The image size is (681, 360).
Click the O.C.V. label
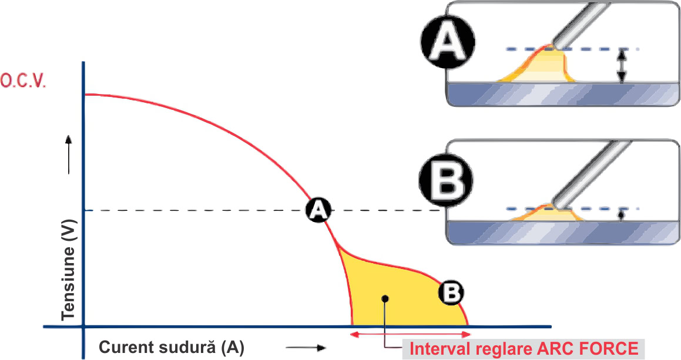tap(24, 81)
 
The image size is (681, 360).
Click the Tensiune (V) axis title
tap(69, 270)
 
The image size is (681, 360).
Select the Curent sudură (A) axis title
tap(172, 348)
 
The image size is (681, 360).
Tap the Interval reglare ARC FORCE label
tap(525, 349)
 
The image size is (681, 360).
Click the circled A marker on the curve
tap(318, 211)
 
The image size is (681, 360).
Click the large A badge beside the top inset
tap(448, 42)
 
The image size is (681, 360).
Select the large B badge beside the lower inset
tap(446, 180)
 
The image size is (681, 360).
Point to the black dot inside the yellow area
tap(385, 298)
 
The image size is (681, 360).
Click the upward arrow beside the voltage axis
tap(69, 154)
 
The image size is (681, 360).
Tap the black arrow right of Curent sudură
tap(306, 348)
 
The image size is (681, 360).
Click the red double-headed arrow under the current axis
tap(411, 334)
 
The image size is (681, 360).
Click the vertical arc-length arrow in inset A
tap(622, 66)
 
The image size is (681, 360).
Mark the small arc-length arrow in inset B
tap(622, 216)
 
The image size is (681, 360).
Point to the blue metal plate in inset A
tap(563, 94)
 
